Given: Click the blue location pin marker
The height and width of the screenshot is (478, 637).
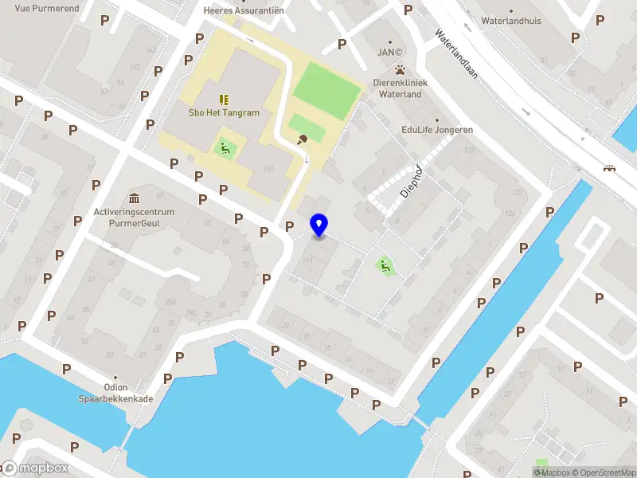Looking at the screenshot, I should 319,225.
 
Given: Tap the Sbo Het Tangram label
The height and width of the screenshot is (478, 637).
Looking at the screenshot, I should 224,112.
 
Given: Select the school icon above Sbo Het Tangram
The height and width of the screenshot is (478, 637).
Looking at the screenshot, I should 224,100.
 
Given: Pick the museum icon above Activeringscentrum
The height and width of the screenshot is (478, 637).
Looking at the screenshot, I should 134,198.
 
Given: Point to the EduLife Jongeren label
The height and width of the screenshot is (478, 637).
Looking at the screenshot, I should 437,130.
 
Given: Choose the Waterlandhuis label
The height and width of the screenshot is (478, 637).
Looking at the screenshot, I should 511,21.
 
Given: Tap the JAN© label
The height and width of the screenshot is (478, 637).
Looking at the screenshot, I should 389,53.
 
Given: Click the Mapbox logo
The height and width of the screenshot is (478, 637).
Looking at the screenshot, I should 36,468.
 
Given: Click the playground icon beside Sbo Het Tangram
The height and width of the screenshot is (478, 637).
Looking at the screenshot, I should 225,147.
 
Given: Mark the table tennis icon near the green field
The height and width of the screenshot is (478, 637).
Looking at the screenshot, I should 302,140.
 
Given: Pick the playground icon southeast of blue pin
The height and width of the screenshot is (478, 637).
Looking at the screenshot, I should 385,267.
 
